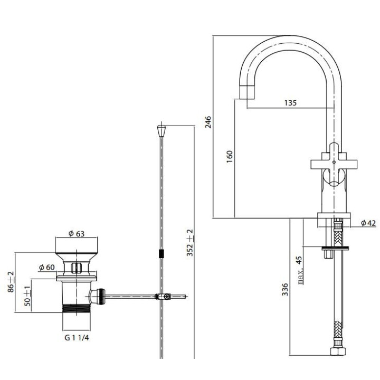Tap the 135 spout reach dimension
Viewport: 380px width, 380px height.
click(x=289, y=103)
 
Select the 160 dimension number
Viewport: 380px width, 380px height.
click(x=229, y=157)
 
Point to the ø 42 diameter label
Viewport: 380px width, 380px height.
click(x=368, y=223)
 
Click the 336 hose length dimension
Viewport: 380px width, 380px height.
click(x=285, y=290)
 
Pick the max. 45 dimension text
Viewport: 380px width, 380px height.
click(x=299, y=270)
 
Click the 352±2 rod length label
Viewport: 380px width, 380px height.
click(x=191, y=242)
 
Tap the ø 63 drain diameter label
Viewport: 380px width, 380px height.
click(x=77, y=234)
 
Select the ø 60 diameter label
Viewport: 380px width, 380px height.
click(x=47, y=267)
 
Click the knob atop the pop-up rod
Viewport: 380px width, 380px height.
click(x=161, y=130)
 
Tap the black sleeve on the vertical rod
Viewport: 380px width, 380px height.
click(x=160, y=253)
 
